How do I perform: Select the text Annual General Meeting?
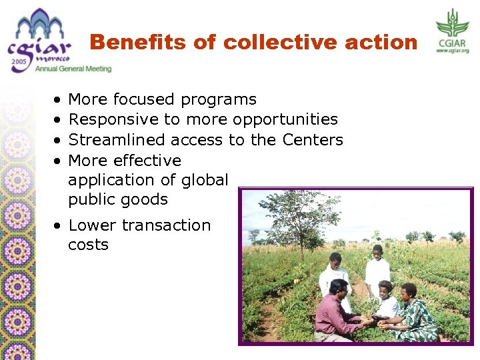[73, 69]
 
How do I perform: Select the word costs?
[88, 245]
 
